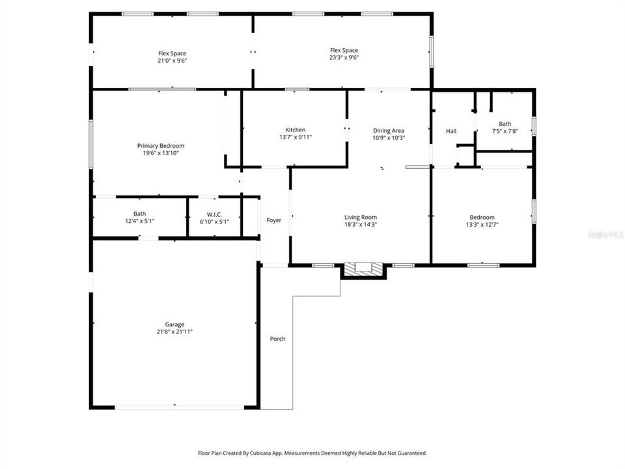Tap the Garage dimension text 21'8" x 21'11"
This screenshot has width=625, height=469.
tap(174, 332)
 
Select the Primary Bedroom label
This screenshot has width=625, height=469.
tap(160, 145)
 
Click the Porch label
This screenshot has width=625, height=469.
tap(277, 339)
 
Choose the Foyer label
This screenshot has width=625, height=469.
tap(274, 220)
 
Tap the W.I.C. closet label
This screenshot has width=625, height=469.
tap(214, 214)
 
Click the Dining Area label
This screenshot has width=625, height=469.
tap(389, 130)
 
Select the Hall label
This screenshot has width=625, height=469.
tap(451, 131)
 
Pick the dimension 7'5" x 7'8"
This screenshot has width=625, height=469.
tap(505, 131)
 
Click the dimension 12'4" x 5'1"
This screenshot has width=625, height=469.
tap(139, 221)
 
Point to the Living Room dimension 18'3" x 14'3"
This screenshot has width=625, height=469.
tap(361, 225)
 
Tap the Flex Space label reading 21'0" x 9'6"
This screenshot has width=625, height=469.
tap(172, 61)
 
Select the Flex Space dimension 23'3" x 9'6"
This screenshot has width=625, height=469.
tap(344, 57)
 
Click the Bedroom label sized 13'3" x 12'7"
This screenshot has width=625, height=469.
tap(482, 217)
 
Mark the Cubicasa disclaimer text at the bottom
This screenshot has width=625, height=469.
tap(312, 453)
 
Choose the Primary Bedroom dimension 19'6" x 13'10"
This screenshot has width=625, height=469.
tap(160, 153)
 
